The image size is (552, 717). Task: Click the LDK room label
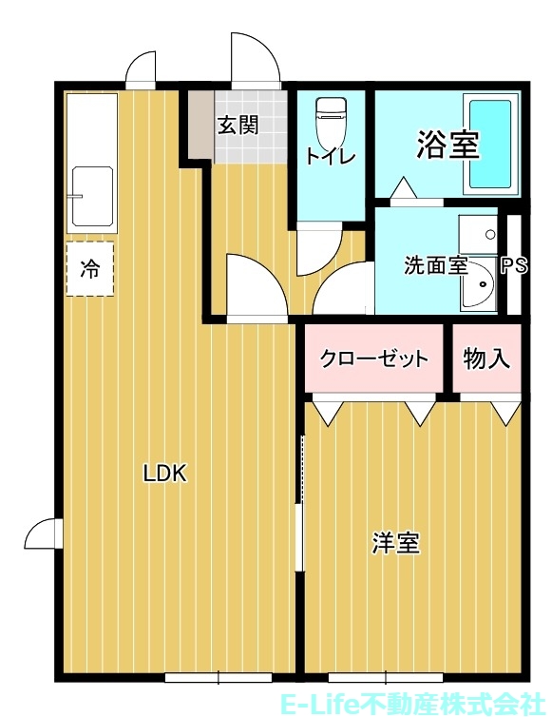coord(165,473)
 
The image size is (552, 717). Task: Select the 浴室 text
coord(447,145)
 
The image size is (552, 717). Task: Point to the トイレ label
coord(330,158)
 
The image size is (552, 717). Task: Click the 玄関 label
coord(238,126)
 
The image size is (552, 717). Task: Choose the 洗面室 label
coord(436,265)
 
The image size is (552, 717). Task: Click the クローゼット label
coord(374,359)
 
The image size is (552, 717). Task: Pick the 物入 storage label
coord(486,359)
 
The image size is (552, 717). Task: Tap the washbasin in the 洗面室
coord(479,285)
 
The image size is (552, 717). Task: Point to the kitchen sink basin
coord(92,197)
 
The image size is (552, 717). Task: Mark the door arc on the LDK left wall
coord(42,536)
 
